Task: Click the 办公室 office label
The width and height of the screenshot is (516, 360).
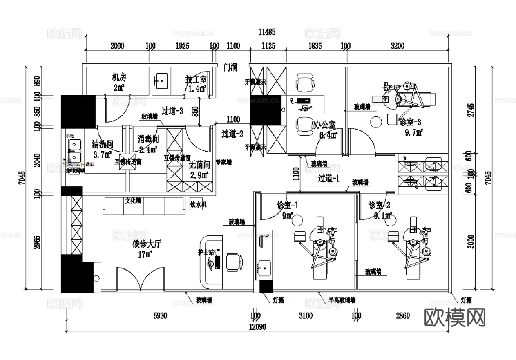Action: coord(324,124)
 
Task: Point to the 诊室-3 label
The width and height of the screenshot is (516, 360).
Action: coord(409,122)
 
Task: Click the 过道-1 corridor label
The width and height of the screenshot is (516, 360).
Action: coord(328,178)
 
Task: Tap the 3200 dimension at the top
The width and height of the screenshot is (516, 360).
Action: coord(397,46)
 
